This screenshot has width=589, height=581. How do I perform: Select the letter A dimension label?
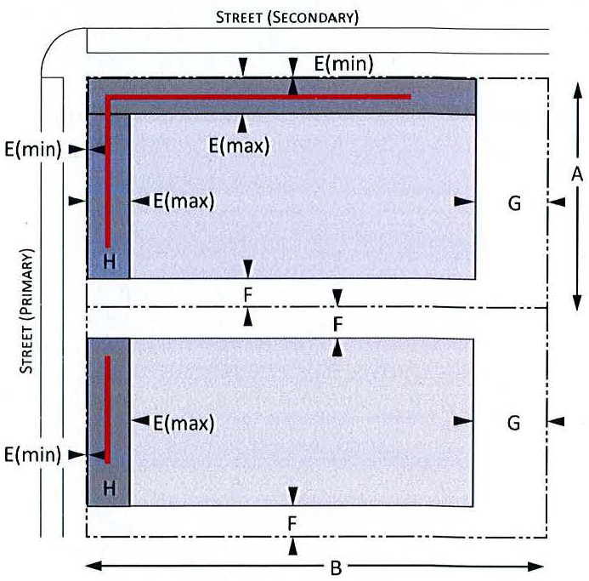(x=576, y=174)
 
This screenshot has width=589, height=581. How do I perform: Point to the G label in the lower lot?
(x=513, y=422)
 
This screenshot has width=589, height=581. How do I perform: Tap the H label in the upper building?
(x=109, y=261)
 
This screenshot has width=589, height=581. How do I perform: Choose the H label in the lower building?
(x=109, y=487)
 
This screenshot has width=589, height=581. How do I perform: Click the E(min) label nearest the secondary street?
(x=344, y=62)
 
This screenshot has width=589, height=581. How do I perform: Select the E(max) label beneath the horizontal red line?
(x=239, y=145)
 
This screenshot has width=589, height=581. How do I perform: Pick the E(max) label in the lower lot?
(x=184, y=422)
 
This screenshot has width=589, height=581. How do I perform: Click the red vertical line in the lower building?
(x=108, y=408)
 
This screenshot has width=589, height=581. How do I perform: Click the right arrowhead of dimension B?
(x=541, y=567)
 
